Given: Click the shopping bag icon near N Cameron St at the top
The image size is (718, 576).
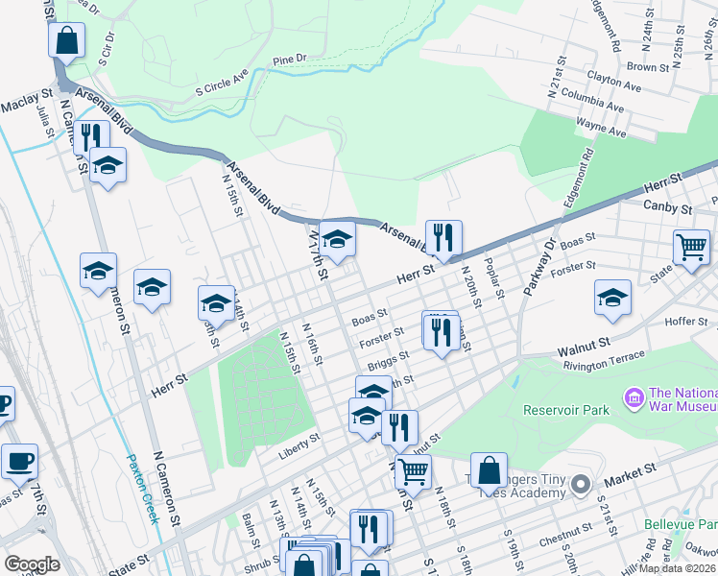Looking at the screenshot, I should point(66,41).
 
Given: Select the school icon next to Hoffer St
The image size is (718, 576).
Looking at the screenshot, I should point(612,298).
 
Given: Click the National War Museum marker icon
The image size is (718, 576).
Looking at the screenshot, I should point(633,396).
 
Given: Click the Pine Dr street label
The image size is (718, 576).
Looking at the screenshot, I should point(289,59).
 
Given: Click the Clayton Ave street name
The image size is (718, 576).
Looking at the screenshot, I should point(613,84).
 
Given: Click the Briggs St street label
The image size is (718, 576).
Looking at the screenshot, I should point(388,362).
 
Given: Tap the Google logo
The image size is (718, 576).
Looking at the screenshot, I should point(32,564).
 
